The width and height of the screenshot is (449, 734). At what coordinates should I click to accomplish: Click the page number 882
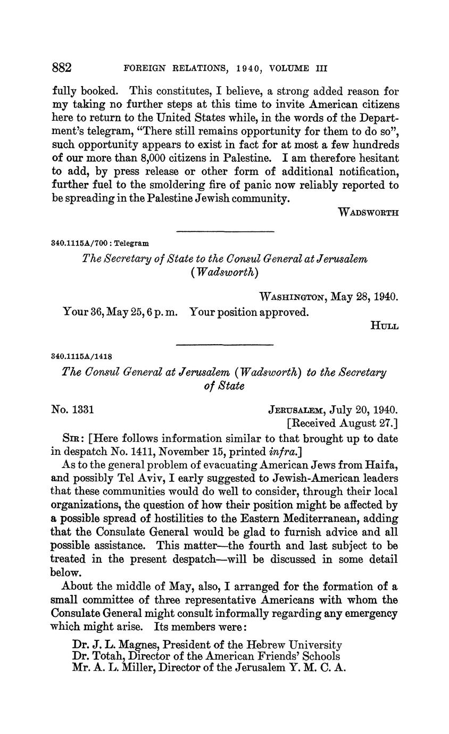click(62, 68)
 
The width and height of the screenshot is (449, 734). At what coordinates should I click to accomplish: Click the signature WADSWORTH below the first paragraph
click(368, 213)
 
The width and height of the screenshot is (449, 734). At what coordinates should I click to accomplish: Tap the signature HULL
click(384, 326)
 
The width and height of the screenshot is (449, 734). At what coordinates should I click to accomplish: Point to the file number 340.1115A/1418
click(81, 356)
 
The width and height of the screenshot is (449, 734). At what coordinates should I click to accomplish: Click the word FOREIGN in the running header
click(143, 69)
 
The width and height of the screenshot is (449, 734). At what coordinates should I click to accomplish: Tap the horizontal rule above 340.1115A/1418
click(224, 345)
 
